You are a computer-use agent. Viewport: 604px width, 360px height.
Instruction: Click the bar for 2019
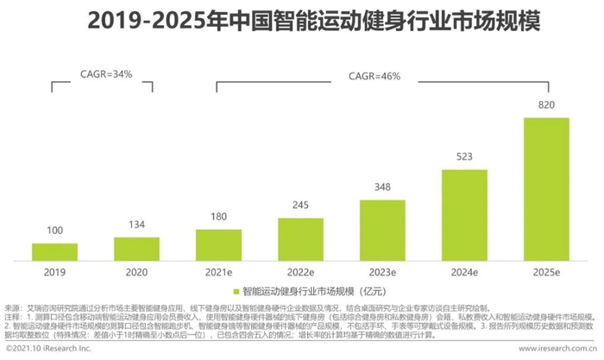pos(54,250)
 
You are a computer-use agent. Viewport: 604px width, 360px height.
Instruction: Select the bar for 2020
pos(136,248)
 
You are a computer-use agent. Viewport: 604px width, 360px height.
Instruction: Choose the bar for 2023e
pos(382,230)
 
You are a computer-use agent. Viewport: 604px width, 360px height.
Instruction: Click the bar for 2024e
pos(464,214)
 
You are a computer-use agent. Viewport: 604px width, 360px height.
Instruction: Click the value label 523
pos(464,160)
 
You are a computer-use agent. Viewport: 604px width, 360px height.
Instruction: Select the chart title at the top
pos(302,22)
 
